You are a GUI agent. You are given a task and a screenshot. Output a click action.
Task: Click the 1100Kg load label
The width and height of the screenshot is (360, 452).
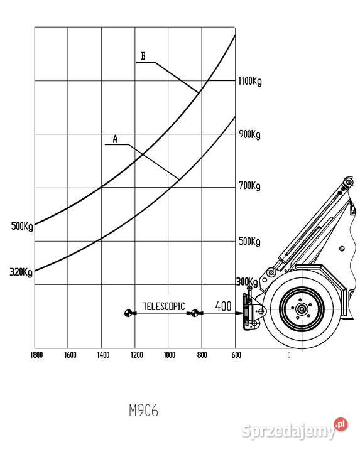click(x=250, y=81)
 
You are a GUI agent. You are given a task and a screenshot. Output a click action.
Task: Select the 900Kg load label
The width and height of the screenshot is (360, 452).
click(x=249, y=134)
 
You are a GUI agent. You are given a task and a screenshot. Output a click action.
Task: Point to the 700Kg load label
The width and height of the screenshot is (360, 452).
click(x=249, y=186)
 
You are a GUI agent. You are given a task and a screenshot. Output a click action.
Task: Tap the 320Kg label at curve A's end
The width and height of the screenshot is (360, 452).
click(x=21, y=272)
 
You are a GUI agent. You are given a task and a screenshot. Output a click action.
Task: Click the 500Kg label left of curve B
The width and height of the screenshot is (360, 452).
click(x=22, y=226)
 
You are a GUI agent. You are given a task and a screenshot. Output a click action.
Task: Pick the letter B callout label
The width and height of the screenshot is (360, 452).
click(x=143, y=56)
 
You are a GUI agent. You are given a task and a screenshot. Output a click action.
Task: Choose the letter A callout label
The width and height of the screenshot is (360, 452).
click(x=116, y=139)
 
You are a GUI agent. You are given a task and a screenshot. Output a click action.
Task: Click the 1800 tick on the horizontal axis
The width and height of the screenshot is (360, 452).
click(x=36, y=355)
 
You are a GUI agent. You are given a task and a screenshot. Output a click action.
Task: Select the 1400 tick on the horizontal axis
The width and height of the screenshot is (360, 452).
click(x=103, y=355)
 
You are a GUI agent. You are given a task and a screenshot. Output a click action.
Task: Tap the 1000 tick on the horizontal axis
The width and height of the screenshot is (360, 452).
click(x=170, y=355)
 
